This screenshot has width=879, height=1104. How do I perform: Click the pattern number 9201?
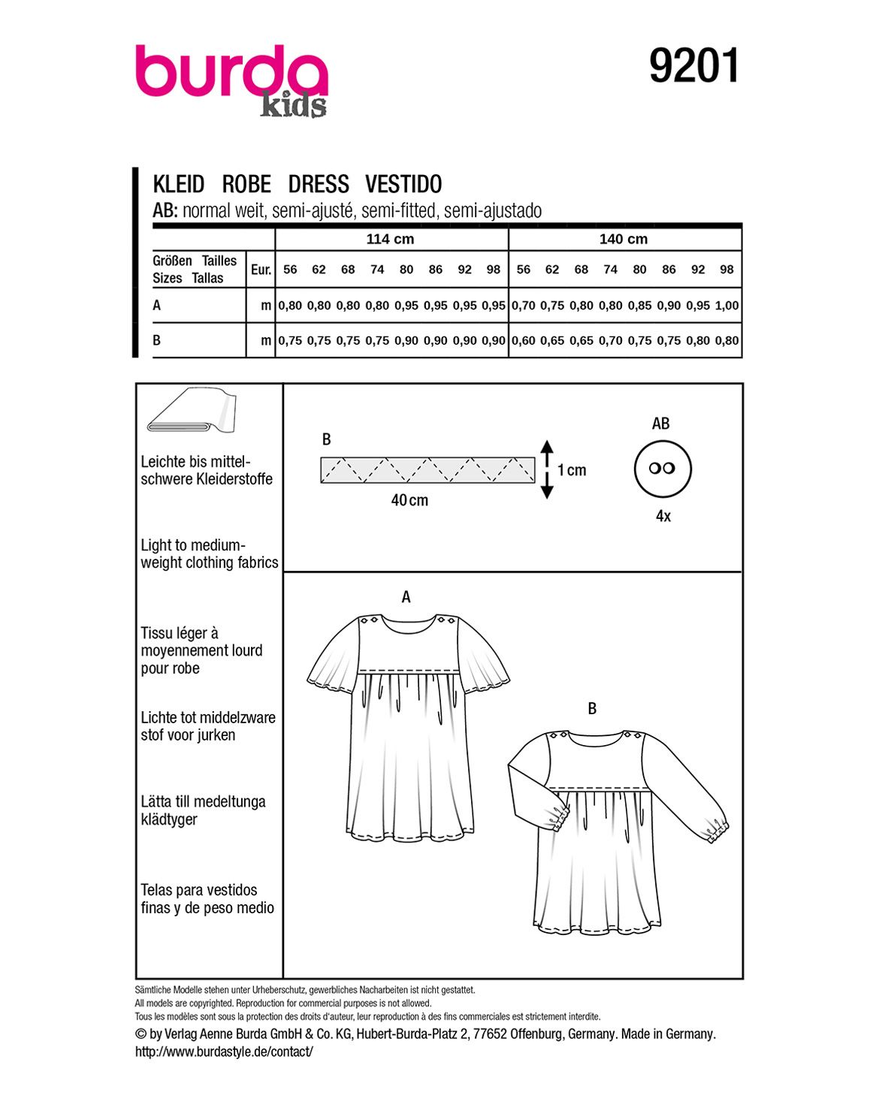694,66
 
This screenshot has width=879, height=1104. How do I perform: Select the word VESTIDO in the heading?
403,184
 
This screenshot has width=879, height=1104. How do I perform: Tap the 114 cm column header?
390,240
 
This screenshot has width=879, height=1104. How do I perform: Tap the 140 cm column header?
623,240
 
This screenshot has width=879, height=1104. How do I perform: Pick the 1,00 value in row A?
727,306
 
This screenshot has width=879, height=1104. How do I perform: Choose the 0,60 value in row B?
524,340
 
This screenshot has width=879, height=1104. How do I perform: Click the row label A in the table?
157,306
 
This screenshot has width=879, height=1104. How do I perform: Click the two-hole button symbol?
662,468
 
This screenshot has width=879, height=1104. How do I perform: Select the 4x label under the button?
663,516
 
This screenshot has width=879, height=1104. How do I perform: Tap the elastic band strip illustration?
427,469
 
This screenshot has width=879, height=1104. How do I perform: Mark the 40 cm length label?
409,500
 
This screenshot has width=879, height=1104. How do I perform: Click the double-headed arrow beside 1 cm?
547,469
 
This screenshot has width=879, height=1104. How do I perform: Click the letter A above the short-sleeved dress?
406,597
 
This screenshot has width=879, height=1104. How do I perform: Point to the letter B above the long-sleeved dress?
592,708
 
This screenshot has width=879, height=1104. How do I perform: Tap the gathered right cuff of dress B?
717,831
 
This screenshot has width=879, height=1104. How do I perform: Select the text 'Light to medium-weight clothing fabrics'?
209,554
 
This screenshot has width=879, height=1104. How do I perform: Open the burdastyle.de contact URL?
224,1052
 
